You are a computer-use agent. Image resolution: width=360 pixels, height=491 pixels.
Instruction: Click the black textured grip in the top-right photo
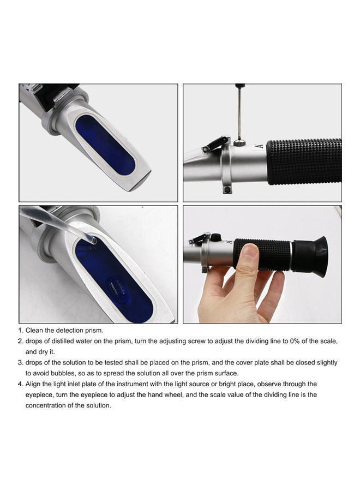[303, 161]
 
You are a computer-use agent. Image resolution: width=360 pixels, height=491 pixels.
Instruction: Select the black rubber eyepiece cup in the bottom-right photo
[313, 253]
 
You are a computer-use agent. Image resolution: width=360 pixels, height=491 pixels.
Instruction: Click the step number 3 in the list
[21, 362]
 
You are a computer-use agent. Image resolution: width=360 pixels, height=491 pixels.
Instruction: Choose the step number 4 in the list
[21, 384]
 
